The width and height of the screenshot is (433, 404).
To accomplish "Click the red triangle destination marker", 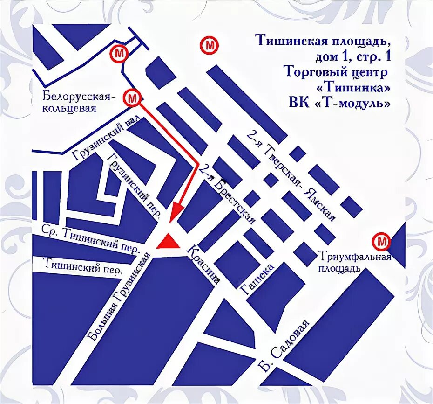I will [x=168, y=242].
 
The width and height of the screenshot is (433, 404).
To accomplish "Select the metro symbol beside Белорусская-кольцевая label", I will [x=132, y=98].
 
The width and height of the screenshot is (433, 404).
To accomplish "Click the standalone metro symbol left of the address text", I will [x=209, y=45].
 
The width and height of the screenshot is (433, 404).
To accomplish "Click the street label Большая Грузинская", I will [x=120, y=295].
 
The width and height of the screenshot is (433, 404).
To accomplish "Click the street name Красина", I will [x=203, y=265].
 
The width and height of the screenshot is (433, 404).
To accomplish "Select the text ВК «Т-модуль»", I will [x=339, y=103].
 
